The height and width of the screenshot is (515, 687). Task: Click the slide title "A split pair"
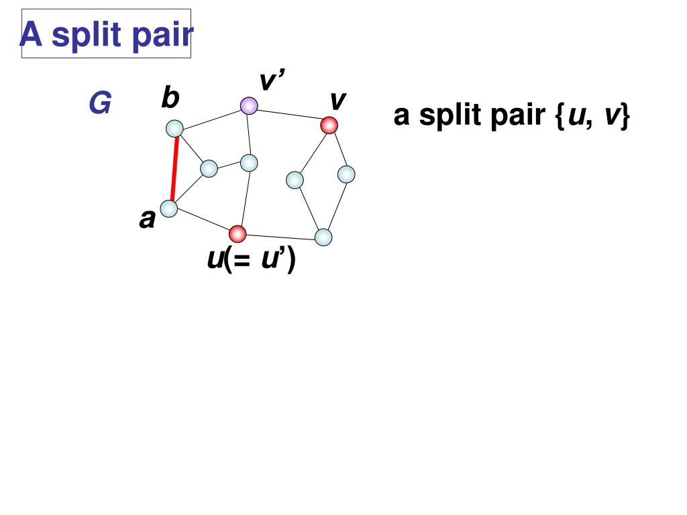106,34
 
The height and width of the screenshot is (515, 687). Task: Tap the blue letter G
100,105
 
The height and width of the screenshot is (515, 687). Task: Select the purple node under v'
249,105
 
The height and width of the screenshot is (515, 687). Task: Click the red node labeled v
329,125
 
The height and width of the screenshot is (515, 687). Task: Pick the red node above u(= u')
237,233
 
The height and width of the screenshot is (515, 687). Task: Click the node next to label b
174,128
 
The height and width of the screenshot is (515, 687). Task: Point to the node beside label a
168,209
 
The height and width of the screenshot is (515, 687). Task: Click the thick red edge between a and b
174,168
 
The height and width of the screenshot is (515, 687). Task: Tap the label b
170,99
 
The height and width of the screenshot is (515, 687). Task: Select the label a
147,219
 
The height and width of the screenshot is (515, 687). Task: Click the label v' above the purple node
272,82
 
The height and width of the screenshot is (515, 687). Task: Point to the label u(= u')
251,260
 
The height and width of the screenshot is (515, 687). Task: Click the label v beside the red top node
337,101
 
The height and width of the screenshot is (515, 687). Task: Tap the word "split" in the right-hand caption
451,116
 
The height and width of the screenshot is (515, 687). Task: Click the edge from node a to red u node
203,221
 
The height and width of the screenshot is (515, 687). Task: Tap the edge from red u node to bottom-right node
280,235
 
